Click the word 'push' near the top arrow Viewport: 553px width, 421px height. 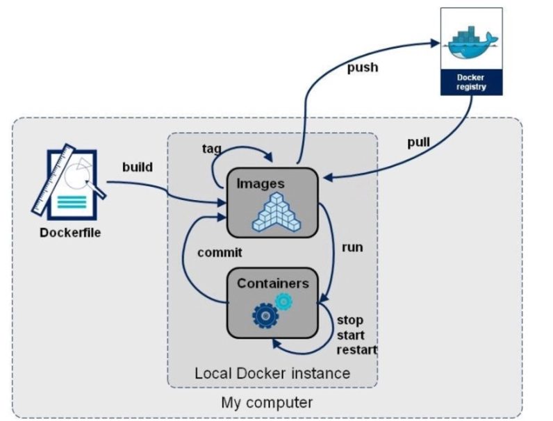pos(363,67)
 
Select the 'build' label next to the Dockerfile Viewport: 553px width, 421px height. pos(138,167)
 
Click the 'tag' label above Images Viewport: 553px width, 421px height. pos(213,149)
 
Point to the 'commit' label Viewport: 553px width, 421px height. pos(220,252)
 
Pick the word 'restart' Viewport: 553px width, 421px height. pos(356,349)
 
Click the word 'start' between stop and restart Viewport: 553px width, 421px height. pos(352,335)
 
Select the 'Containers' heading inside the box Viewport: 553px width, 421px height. pos(272,283)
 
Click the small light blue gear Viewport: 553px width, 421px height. pos(283,301)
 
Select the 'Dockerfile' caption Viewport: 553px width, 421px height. pos(69,232)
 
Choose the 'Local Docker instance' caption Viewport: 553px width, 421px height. pos(272,373)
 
